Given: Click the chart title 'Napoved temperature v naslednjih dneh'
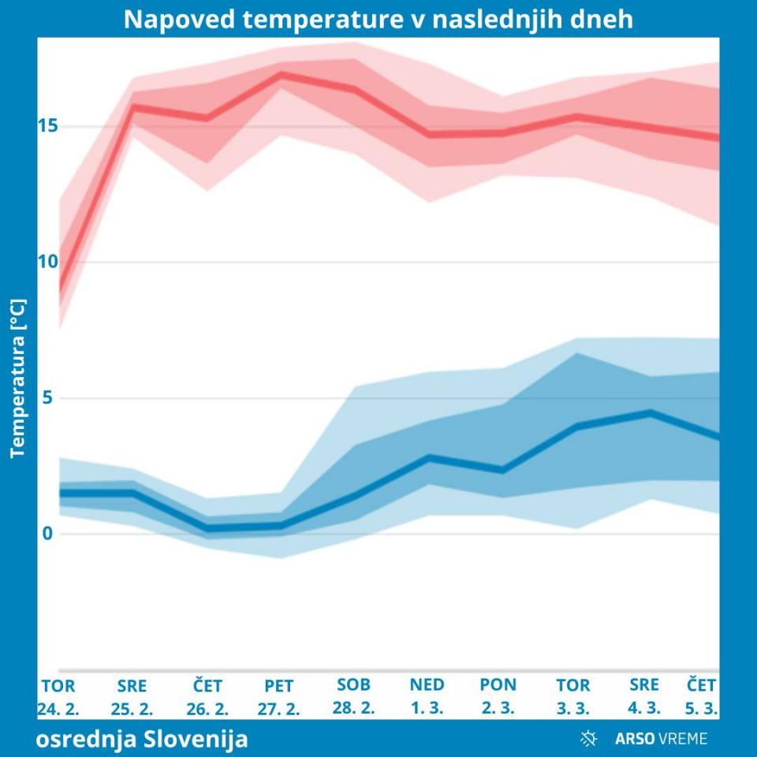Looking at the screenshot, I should point(378,19).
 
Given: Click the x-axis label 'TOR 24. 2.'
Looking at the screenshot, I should point(58,696).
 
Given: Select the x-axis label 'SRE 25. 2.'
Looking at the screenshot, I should point(132,696).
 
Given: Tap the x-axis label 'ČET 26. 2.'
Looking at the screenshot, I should point(207,696).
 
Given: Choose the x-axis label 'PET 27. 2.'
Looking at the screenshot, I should point(279,696).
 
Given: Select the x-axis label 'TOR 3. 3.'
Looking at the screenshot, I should point(573,696).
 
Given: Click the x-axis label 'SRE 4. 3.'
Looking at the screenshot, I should point(644,696).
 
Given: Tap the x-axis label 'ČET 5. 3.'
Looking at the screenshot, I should point(702,696).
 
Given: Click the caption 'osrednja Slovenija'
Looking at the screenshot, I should point(142,740).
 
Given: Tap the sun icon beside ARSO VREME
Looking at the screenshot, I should point(588,739).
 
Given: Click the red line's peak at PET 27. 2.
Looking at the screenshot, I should point(281,74).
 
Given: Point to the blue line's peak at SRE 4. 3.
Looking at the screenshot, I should point(650,412).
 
